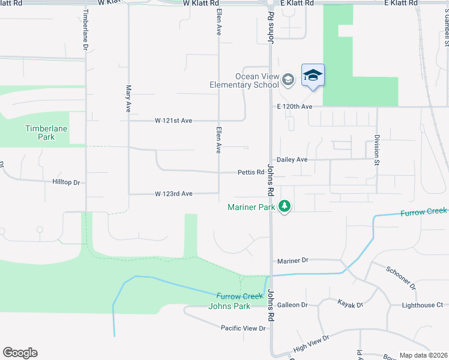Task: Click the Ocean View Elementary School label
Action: [244, 80]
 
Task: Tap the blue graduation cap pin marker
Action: [313, 76]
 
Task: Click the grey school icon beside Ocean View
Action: [288, 79]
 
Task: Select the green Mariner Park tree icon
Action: [285, 208]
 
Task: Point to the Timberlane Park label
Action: [46, 133]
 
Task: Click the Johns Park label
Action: [229, 306]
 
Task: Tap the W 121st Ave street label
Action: [173, 121]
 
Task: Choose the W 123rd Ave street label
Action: [173, 194]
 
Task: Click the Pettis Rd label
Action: [251, 172]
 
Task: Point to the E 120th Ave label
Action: [295, 106]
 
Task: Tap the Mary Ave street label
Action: [128, 98]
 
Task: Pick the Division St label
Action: [377, 143]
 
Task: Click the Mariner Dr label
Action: [292, 260]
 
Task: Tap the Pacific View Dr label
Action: [243, 328]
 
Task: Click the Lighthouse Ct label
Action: [423, 305]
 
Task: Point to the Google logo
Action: [20, 353]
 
